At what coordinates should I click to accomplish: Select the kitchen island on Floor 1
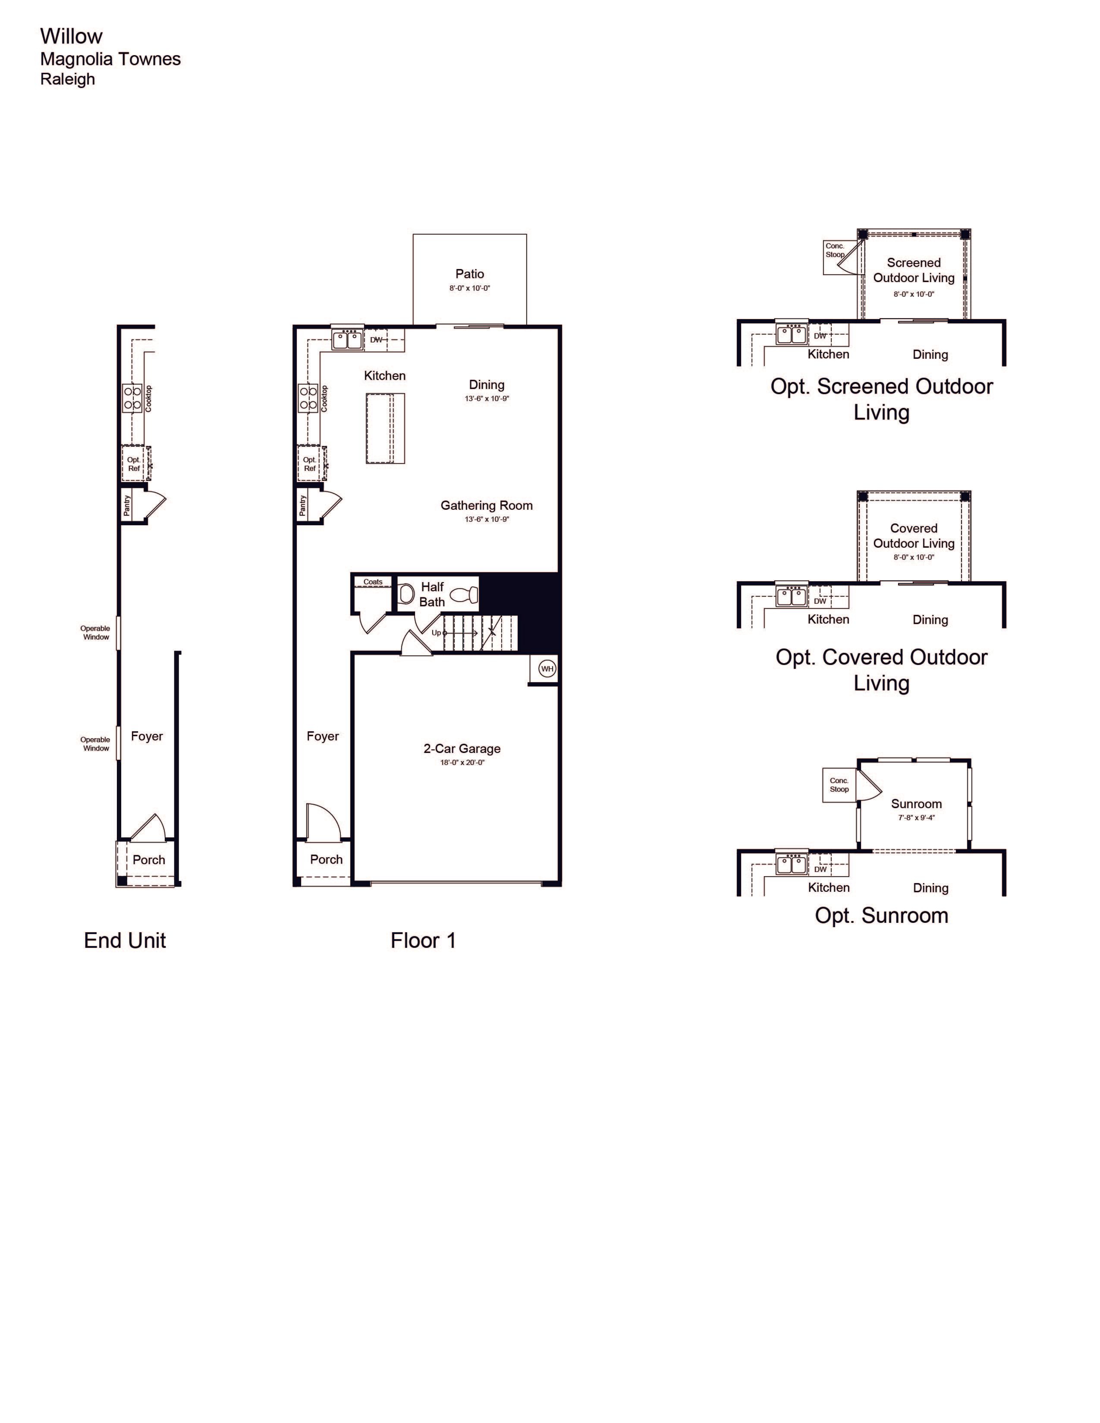(x=385, y=428)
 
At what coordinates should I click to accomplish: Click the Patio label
(x=469, y=274)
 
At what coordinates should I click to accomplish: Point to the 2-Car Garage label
(x=462, y=749)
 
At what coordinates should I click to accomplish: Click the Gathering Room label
(x=487, y=505)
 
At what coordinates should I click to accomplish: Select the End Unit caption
(x=125, y=940)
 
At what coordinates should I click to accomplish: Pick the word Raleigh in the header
(x=68, y=79)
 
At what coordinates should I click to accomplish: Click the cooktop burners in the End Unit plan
(x=133, y=398)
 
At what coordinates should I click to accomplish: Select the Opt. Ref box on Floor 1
(x=310, y=463)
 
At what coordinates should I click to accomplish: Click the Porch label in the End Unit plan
(x=148, y=859)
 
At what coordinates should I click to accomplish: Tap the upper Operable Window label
(x=95, y=633)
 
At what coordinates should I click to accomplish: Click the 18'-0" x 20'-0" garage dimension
(x=462, y=762)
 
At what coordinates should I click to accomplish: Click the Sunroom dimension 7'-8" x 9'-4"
(x=916, y=818)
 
